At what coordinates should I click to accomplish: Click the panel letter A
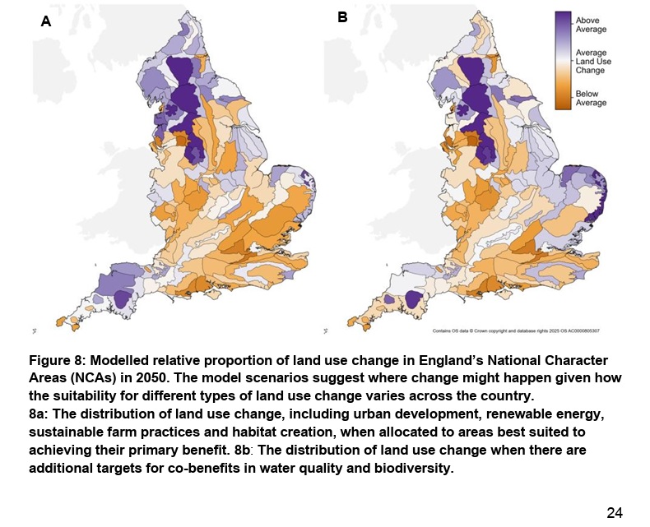pyautogui.click(x=46, y=22)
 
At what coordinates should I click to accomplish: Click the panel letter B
pyautogui.click(x=342, y=16)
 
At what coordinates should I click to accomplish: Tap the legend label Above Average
pyautogui.click(x=591, y=25)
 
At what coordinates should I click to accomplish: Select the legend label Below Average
pyautogui.click(x=591, y=99)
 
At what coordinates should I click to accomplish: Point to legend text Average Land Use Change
pyautogui.click(x=591, y=62)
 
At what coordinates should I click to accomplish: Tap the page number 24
pyautogui.click(x=615, y=513)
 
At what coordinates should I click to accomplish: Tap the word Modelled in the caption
pyautogui.click(x=125, y=362)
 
